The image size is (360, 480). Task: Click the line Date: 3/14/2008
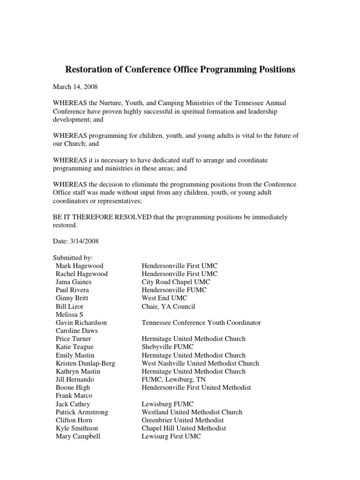75,241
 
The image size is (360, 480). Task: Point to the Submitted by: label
73,257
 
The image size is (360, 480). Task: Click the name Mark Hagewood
79,266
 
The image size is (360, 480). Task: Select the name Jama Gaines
74,282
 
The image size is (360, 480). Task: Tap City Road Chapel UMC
176,282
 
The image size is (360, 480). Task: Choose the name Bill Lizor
69,307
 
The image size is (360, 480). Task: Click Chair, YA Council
168,307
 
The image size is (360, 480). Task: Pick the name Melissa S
70,315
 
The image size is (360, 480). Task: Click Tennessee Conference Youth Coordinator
201,323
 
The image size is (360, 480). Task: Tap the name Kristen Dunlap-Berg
85,363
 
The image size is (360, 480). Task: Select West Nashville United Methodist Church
200,363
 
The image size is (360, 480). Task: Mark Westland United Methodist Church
192,412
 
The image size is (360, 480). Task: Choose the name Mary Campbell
78,436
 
